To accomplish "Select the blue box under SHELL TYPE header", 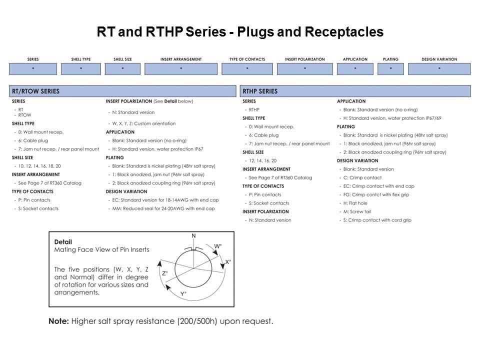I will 81,68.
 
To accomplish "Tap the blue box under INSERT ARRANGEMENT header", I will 181,68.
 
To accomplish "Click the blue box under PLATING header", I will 390,68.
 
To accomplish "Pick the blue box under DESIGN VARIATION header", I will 439,68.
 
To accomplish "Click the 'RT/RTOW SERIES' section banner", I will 122,91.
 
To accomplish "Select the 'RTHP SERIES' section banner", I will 355,91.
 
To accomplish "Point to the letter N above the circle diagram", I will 193,235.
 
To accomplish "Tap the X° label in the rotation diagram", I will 228,262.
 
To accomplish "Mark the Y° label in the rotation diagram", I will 183,294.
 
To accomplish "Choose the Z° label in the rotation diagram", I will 164,273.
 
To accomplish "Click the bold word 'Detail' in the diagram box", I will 63,242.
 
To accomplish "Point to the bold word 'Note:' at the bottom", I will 58,321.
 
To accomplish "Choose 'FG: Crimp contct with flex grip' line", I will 374,194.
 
